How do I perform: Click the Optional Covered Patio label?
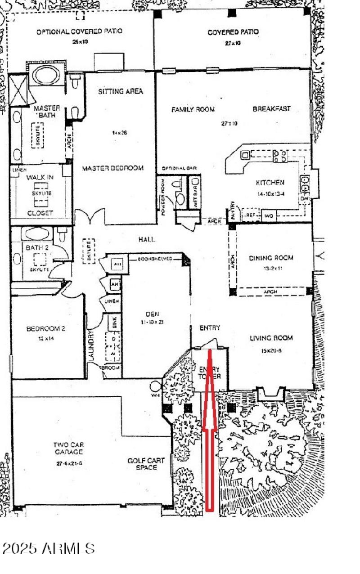[79, 32]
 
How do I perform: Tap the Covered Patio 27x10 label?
[233, 32]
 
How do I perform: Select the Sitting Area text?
[120, 91]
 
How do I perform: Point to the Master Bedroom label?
[112, 168]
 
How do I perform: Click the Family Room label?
[193, 109]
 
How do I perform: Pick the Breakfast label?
[271, 109]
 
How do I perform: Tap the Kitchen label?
[270, 183]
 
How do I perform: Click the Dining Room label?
[271, 258]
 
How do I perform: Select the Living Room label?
[271, 338]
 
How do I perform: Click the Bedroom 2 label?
[46, 328]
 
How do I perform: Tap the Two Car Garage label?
[68, 448]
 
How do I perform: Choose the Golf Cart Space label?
[146, 464]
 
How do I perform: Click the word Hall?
[147, 240]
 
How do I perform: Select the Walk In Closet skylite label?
[41, 193]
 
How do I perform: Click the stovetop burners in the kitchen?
[279, 156]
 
